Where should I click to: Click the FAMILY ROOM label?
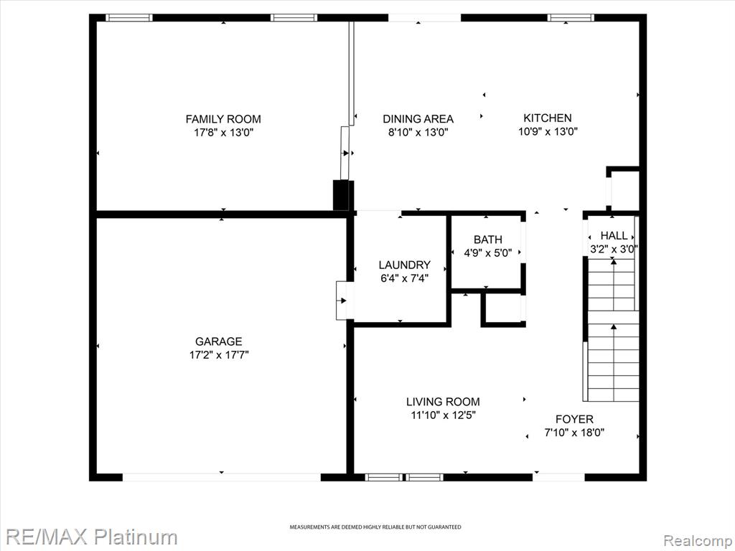223,119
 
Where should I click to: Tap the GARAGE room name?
219,341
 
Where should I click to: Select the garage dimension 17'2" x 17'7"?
219,355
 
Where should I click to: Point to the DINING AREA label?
418,119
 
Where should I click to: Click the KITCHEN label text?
548,118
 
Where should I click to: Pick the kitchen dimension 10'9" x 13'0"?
548,131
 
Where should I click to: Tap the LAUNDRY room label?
405,265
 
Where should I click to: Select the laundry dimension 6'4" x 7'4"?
405,278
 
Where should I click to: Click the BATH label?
488,240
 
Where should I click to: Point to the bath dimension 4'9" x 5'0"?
488,253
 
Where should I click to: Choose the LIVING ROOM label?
443,402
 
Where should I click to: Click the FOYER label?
574,419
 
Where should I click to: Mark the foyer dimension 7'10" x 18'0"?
574,433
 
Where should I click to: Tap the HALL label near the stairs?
614,235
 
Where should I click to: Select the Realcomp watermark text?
698,540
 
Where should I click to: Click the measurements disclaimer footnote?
375,527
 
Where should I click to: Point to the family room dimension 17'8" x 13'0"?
223,133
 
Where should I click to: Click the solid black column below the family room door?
341,195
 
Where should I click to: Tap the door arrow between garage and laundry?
344,301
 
